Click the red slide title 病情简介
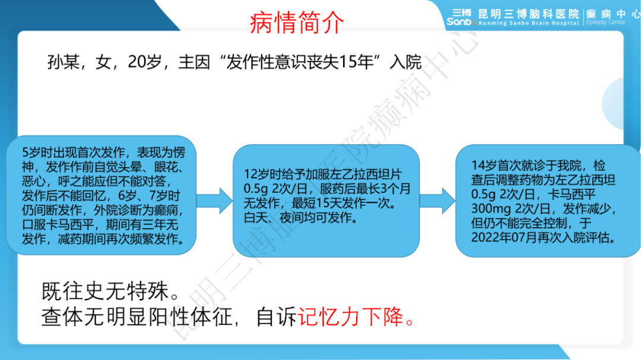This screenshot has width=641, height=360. pyautogui.click(x=297, y=23)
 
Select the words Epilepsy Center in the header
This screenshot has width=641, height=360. pyautogui.click(x=605, y=23)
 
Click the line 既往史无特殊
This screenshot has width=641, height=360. pyautogui.click(x=110, y=291)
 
